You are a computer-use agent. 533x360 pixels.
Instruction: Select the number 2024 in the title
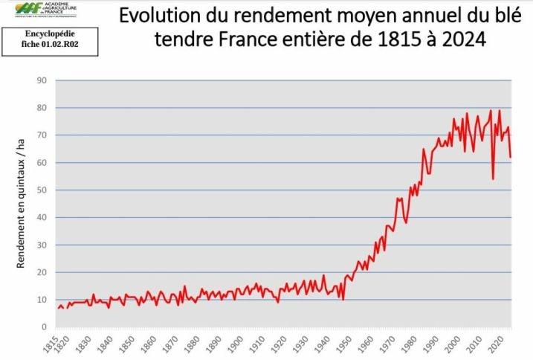(460, 40)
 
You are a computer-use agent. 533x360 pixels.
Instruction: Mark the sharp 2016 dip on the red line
(493, 179)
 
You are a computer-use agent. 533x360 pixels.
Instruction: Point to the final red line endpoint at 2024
(511, 157)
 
